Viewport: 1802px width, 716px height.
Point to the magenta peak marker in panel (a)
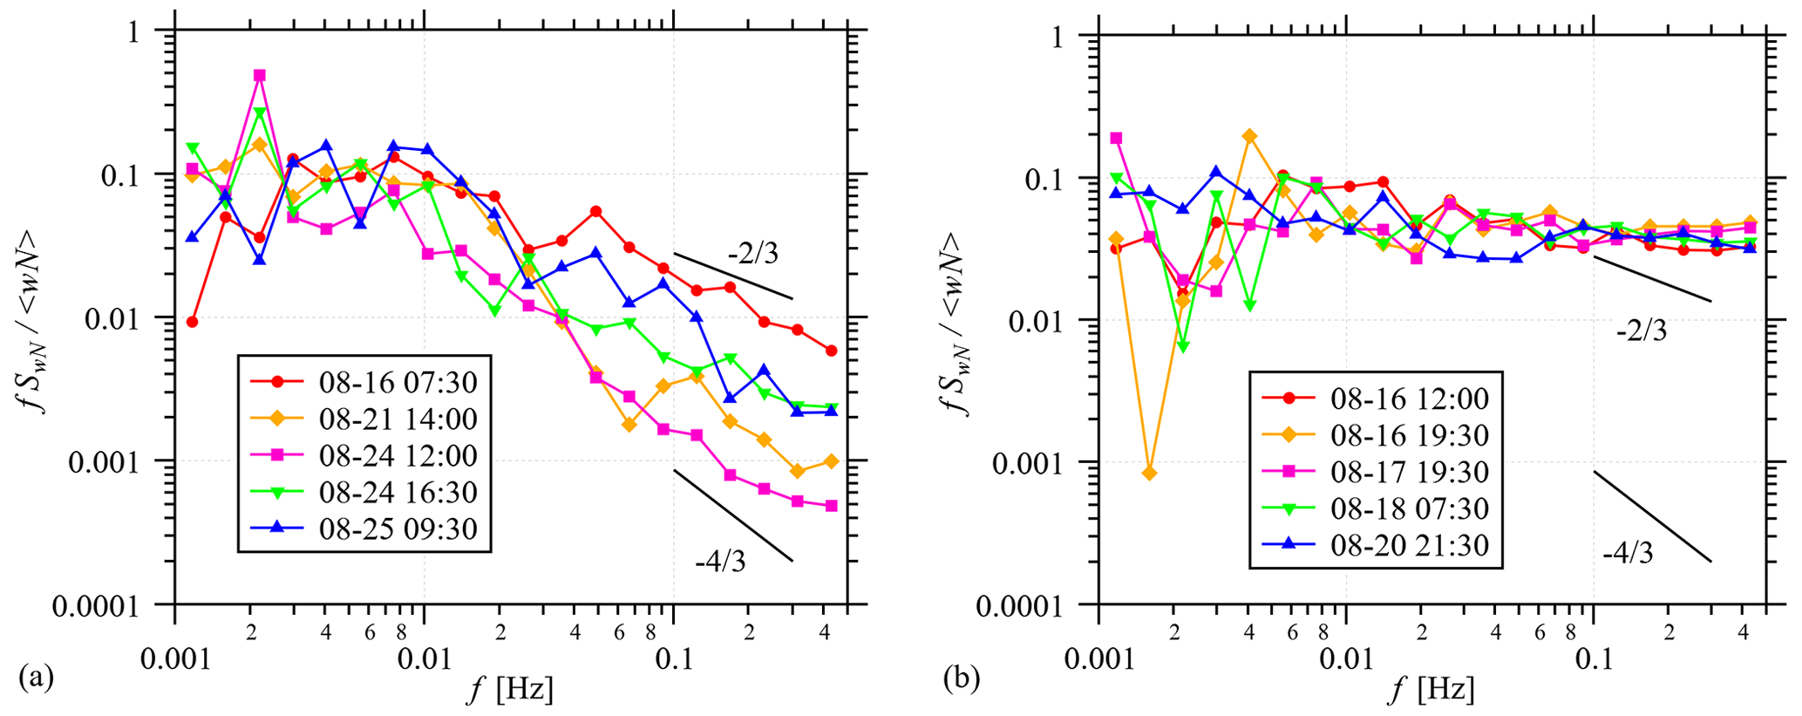click(x=259, y=76)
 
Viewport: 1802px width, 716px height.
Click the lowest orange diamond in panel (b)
click(x=1149, y=474)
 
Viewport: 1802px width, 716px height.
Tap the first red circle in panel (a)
click(x=192, y=322)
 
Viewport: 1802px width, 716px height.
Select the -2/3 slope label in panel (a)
click(x=752, y=254)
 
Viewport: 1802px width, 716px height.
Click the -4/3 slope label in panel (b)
click(x=1627, y=553)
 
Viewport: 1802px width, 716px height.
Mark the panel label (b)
click(x=961, y=677)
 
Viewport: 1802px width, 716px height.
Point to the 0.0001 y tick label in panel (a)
click(x=96, y=605)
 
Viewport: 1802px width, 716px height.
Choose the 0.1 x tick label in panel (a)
click(x=673, y=658)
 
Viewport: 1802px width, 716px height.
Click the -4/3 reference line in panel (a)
click(x=732, y=515)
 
